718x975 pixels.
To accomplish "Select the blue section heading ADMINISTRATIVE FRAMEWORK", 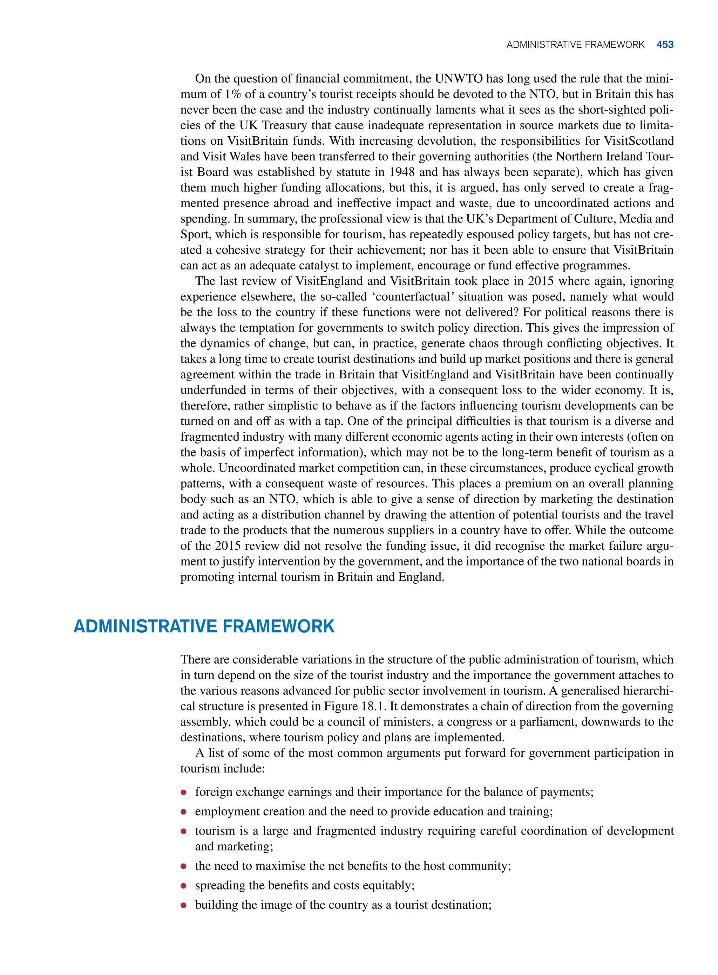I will pos(204,626).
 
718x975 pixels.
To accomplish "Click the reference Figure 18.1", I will pos(355,706).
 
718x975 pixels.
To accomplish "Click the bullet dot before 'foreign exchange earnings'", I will pos(184,792).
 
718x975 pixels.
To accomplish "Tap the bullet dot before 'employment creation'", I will pos(184,812).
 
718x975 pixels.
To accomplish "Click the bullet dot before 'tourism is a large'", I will pos(184,831).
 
